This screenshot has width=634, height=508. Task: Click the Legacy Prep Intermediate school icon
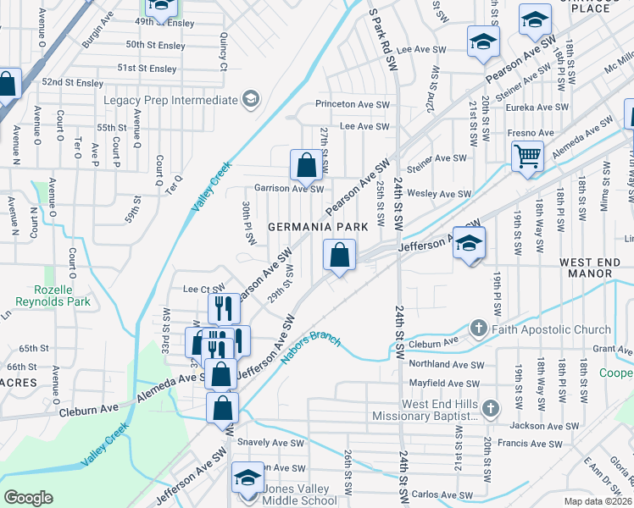tap(250, 101)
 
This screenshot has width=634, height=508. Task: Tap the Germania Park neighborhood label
tap(318, 227)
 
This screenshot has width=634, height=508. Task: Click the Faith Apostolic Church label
tap(549, 329)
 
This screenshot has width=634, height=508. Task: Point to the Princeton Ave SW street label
tap(352, 104)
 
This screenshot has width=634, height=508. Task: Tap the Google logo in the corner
tap(28, 497)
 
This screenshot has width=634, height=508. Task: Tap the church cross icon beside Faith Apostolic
tap(478, 329)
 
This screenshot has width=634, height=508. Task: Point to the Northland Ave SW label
tap(446, 364)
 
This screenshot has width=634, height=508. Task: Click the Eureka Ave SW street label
tap(537, 108)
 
